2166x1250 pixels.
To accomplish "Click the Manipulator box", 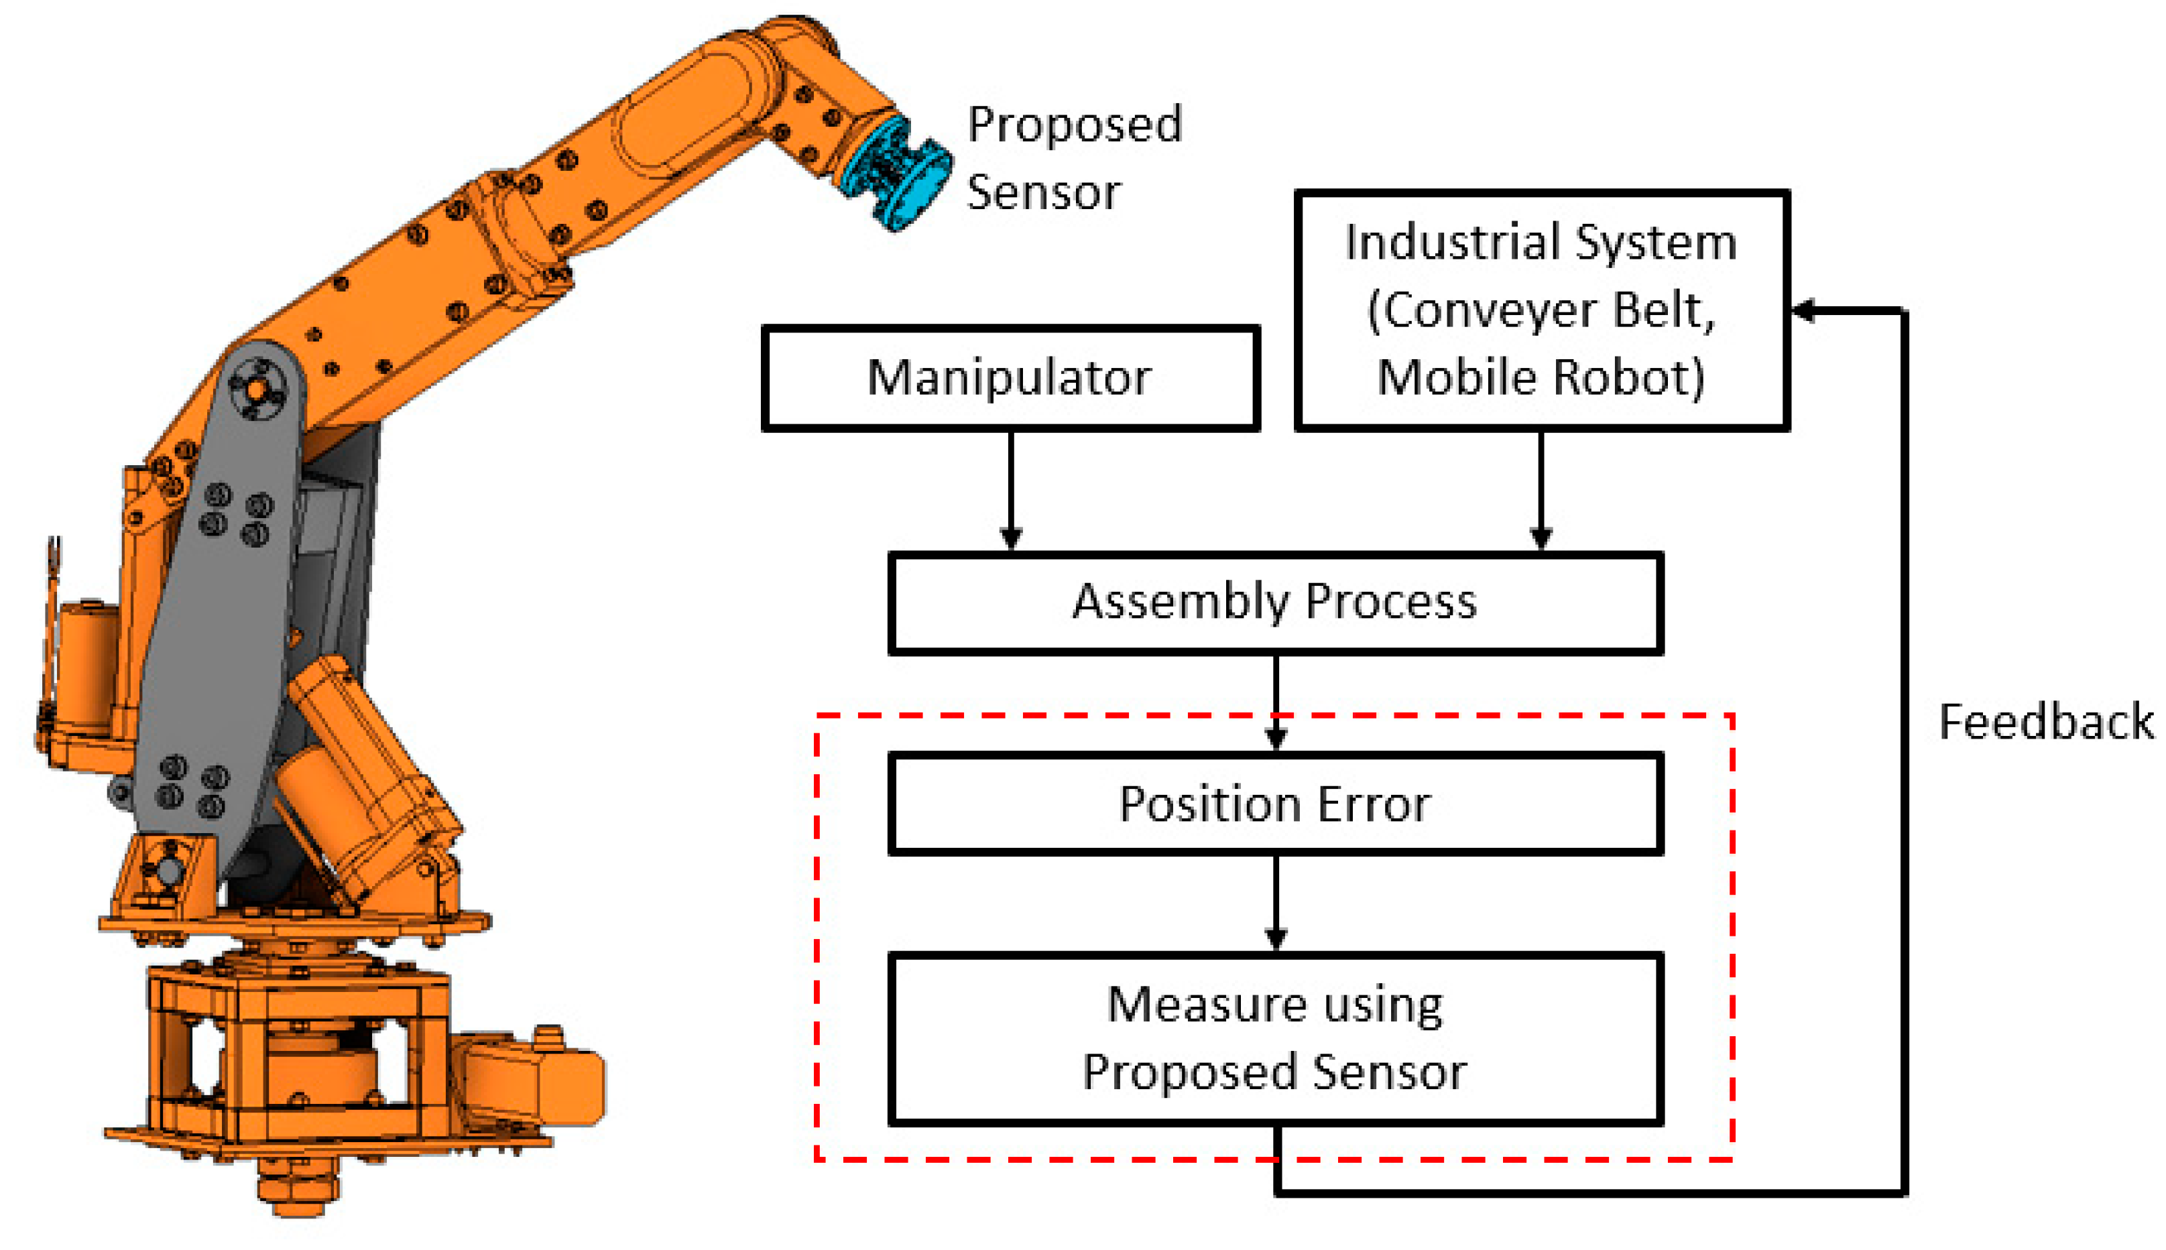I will (x=1010, y=378).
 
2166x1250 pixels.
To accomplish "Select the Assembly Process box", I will (x=1275, y=603).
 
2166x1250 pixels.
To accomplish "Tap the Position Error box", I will (x=1275, y=804).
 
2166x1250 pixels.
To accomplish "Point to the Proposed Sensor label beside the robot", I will (x=1073, y=158).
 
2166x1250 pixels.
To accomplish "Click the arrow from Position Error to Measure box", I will (x=1276, y=901).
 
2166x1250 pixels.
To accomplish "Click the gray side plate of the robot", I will (x=215, y=618).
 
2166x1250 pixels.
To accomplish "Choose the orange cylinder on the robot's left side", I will (x=86, y=661).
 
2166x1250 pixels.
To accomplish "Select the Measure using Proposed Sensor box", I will (x=1275, y=1039).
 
